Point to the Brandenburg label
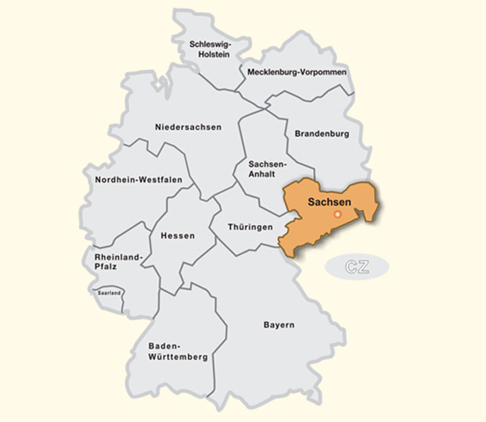[x=322, y=134]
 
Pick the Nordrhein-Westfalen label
[x=138, y=180]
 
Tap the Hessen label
[x=177, y=236]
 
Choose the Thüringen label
[x=250, y=226]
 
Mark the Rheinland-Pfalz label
[x=117, y=261]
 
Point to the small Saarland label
[x=109, y=293]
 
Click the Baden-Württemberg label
[x=178, y=351]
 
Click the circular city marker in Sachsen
[x=337, y=214]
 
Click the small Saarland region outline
[x=108, y=296]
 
